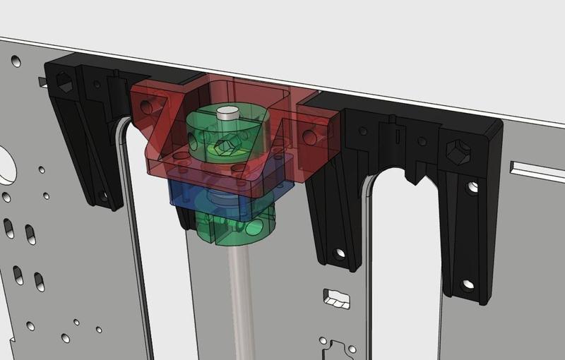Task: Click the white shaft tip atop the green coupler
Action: click(x=227, y=112)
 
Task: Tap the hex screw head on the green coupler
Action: click(x=225, y=147)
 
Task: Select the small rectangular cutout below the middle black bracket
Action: click(x=336, y=299)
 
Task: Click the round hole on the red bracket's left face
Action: click(x=146, y=107)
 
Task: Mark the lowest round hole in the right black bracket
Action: click(x=467, y=285)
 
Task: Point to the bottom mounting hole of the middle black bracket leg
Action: click(x=340, y=252)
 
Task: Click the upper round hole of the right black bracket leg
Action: click(x=471, y=186)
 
